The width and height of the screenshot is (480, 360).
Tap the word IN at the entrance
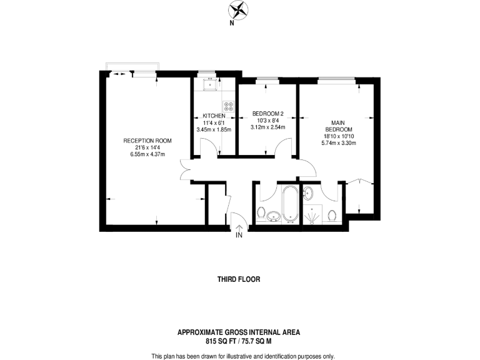(x=239, y=236)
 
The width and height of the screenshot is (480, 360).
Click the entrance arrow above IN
(x=239, y=226)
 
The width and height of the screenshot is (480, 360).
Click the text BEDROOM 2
(x=267, y=114)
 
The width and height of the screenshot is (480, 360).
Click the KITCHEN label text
(x=213, y=116)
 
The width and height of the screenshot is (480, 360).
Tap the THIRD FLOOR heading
(x=239, y=279)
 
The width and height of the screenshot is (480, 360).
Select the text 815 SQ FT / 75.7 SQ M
(x=239, y=341)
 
